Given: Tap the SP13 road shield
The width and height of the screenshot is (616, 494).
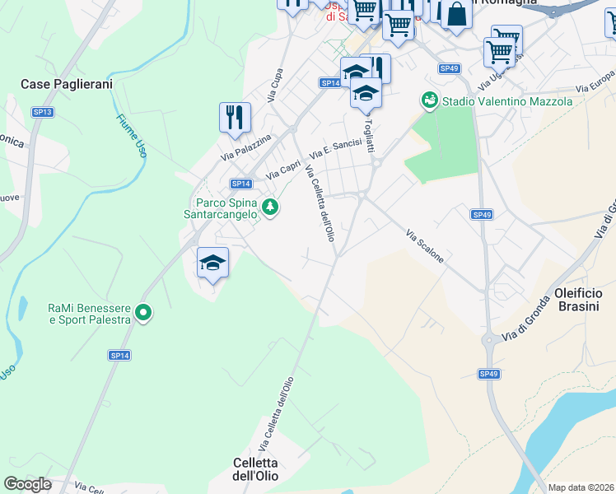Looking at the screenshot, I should tap(42, 112).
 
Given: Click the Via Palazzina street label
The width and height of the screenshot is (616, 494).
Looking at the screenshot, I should tap(245, 148).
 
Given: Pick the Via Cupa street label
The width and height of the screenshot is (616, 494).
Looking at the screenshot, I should tap(274, 86).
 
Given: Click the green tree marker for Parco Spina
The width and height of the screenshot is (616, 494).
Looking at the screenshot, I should tap(270, 206).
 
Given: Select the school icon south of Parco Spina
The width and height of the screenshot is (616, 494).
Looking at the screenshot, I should tap(212, 263).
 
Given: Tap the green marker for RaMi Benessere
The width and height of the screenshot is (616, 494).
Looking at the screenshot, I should tap(144, 312).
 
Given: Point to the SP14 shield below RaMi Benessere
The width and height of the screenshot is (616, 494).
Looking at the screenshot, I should tap(119, 355).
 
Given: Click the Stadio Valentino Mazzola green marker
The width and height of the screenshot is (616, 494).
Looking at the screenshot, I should tap(429, 100).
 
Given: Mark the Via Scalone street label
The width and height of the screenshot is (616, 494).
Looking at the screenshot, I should tap(425, 246).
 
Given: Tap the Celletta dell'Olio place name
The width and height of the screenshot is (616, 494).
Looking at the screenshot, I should tap(255, 469).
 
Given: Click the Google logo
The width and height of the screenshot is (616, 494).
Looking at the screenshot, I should tap(28, 484).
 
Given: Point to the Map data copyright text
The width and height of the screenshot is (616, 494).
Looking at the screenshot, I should tap(581, 487).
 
